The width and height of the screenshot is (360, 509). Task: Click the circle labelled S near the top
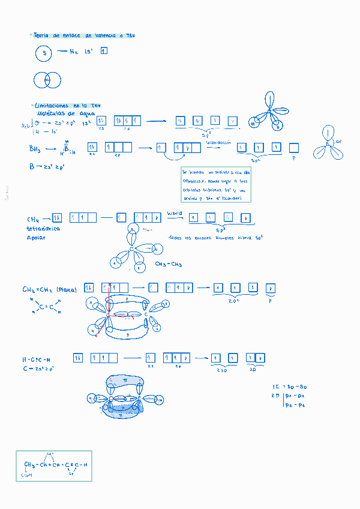(44, 54)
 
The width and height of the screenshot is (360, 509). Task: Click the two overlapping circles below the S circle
(47, 80)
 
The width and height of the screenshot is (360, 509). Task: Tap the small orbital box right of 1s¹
(104, 52)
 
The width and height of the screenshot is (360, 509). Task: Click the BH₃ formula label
(36, 148)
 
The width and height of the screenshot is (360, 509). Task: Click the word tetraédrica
(43, 229)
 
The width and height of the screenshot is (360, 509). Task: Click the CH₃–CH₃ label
(169, 265)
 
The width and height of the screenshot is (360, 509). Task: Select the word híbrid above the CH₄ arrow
(175, 213)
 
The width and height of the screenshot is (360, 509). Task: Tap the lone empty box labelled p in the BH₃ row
(294, 148)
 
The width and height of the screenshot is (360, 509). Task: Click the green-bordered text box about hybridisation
(215, 184)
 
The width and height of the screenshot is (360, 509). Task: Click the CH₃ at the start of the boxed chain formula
(30, 465)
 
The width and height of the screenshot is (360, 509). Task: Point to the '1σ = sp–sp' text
(289, 386)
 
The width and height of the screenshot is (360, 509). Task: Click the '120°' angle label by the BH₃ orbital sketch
(338, 142)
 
